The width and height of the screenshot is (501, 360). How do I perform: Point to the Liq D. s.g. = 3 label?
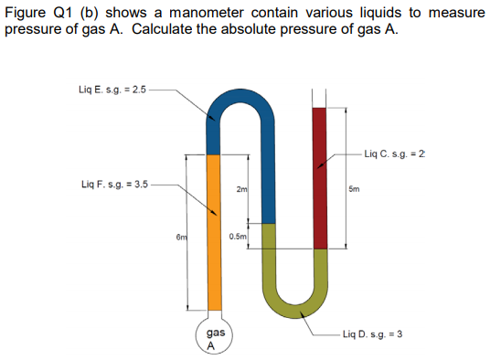[x=372, y=334]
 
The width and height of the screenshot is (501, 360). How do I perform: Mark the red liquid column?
[x=319, y=178]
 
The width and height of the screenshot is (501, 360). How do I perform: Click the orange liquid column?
[x=213, y=233]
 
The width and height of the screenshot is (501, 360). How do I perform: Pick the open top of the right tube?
[x=319, y=95]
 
